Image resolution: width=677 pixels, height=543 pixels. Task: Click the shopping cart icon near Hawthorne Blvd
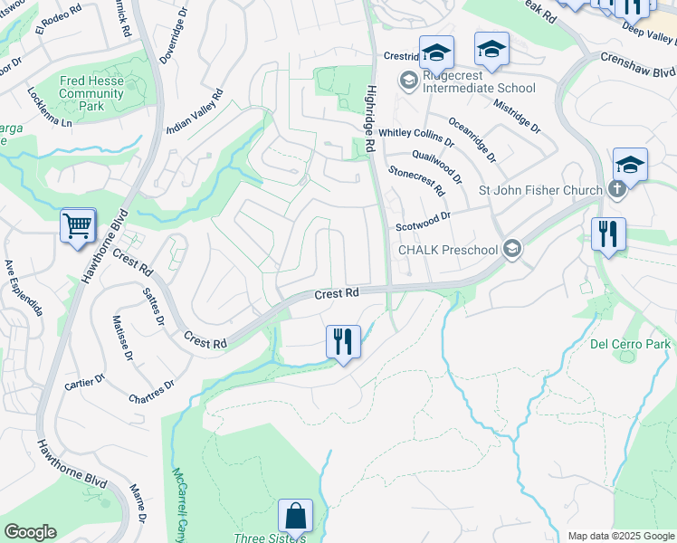coord(78,225)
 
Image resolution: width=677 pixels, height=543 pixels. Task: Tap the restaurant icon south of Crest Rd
coord(343,342)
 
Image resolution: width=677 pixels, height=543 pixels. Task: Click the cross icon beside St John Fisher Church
coord(616,190)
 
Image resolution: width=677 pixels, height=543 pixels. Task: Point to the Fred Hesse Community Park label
coord(93,93)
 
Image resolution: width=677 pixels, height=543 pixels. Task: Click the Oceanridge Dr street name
coord(472,138)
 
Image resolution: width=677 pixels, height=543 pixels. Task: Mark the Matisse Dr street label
coord(122,336)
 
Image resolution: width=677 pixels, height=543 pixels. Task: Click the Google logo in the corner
coord(30,532)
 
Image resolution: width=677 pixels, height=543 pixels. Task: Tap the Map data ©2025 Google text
coord(619,536)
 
